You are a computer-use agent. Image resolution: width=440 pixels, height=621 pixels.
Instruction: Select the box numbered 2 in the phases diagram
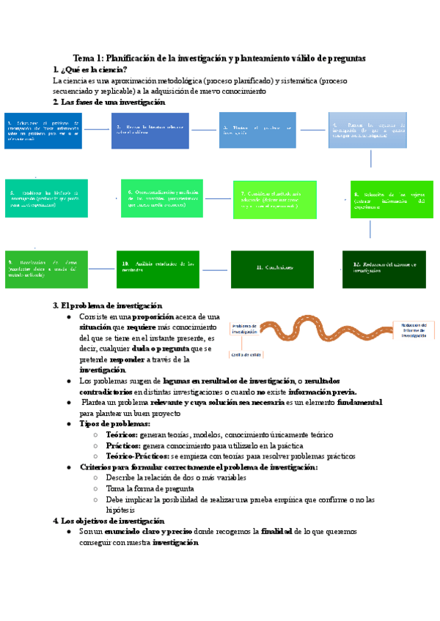[x=150, y=130]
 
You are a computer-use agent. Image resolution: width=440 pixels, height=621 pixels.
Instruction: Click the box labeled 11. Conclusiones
[x=274, y=269]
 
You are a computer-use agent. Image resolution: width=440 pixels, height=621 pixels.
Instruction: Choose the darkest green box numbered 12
[x=384, y=269]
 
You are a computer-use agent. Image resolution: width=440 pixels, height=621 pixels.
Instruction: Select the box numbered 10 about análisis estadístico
[x=158, y=269]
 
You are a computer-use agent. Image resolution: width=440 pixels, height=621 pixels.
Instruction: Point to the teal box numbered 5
[x=46, y=198]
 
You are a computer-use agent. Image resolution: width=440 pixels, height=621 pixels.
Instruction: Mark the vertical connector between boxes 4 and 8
[x=371, y=159]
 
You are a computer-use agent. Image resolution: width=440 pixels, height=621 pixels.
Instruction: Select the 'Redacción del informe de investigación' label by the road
[x=413, y=329]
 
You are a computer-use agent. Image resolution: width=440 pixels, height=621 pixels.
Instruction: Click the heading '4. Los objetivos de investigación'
[x=109, y=521]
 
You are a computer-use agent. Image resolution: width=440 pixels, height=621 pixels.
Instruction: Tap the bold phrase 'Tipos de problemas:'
[x=114, y=424]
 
